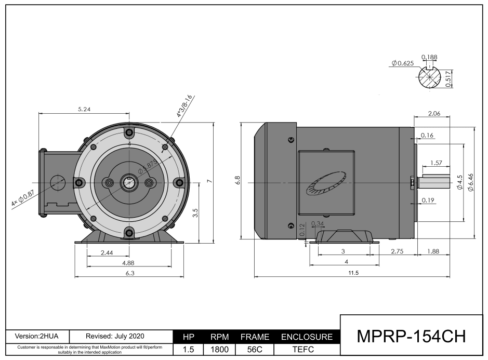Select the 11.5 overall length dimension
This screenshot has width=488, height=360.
click(x=353, y=273)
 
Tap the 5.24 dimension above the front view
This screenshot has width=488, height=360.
click(x=85, y=109)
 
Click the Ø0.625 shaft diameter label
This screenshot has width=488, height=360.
click(x=403, y=63)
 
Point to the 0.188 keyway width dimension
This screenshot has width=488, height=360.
click(x=429, y=57)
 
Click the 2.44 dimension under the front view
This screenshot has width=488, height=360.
click(x=107, y=252)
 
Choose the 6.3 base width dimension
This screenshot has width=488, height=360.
click(x=129, y=273)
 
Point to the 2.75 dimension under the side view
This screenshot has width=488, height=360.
click(x=398, y=251)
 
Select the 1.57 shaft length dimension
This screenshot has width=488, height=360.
click(x=437, y=163)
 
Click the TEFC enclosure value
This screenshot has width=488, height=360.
click(x=307, y=350)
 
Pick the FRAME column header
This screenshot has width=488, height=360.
click(x=255, y=337)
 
